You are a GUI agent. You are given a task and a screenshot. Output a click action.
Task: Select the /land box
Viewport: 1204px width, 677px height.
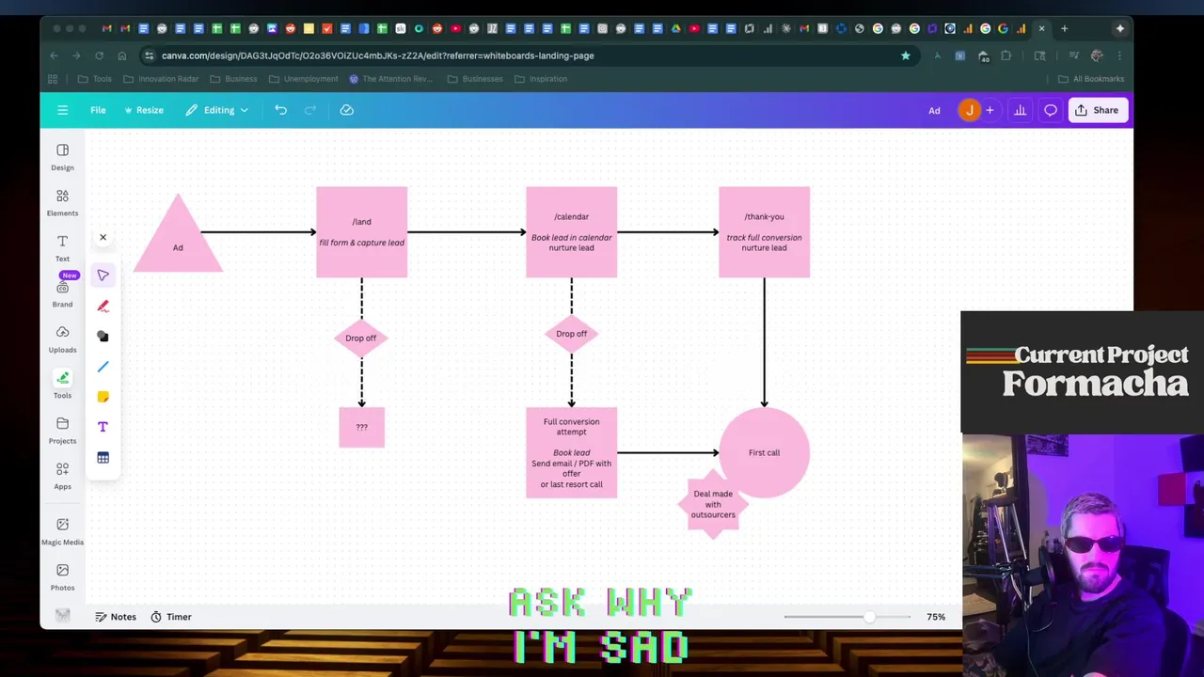pyautogui.click(x=361, y=232)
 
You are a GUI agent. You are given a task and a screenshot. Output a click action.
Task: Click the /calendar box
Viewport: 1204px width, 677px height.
pyautogui.click(x=571, y=232)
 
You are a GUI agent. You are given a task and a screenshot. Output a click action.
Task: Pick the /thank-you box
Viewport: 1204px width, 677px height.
pyautogui.click(x=764, y=232)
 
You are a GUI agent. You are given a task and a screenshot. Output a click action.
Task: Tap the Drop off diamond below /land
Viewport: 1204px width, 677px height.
pyautogui.click(x=361, y=338)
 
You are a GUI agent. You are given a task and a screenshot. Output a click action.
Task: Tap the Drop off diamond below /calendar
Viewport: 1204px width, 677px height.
pyautogui.click(x=571, y=334)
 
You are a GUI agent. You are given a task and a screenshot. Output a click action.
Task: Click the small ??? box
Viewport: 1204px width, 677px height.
pyautogui.click(x=361, y=427)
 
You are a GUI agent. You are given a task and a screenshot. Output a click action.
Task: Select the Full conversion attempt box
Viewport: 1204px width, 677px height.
pyautogui.click(x=571, y=452)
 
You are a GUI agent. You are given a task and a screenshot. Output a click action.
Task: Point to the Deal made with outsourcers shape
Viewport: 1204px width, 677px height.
pyautogui.click(x=713, y=505)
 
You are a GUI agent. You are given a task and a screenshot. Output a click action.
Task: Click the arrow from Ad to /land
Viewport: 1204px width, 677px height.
pyautogui.click(x=259, y=232)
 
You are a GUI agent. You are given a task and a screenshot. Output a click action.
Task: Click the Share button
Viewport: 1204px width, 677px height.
pyautogui.click(x=1097, y=110)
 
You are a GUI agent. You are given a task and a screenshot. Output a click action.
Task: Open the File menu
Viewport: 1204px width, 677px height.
pyautogui.click(x=98, y=110)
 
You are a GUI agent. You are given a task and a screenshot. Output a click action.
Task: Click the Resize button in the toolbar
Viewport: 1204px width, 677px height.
pyautogui.click(x=144, y=110)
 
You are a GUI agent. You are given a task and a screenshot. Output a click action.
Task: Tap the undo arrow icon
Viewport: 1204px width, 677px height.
pyautogui.click(x=280, y=110)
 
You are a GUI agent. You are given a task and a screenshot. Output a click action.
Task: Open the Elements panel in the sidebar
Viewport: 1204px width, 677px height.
pyautogui.click(x=62, y=202)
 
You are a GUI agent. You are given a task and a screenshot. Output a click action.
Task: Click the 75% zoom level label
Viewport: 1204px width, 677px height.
pyautogui.click(x=935, y=617)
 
